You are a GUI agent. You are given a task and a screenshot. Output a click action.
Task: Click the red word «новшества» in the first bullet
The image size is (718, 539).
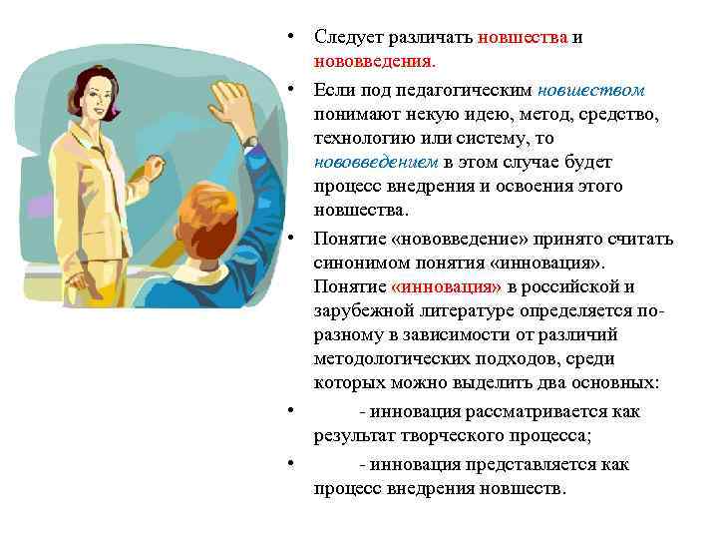[523, 38]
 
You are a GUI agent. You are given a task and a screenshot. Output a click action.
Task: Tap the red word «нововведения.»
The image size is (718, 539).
[365, 62]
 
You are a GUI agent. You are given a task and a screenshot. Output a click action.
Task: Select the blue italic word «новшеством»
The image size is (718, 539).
[595, 89]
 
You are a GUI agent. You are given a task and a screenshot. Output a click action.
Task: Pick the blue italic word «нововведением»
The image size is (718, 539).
[377, 162]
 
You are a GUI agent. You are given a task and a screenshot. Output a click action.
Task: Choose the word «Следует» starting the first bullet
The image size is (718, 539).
[344, 38]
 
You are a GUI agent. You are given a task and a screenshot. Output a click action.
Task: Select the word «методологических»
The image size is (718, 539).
[389, 358]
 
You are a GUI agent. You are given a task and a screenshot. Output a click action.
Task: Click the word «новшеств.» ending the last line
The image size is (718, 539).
[525, 488]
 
